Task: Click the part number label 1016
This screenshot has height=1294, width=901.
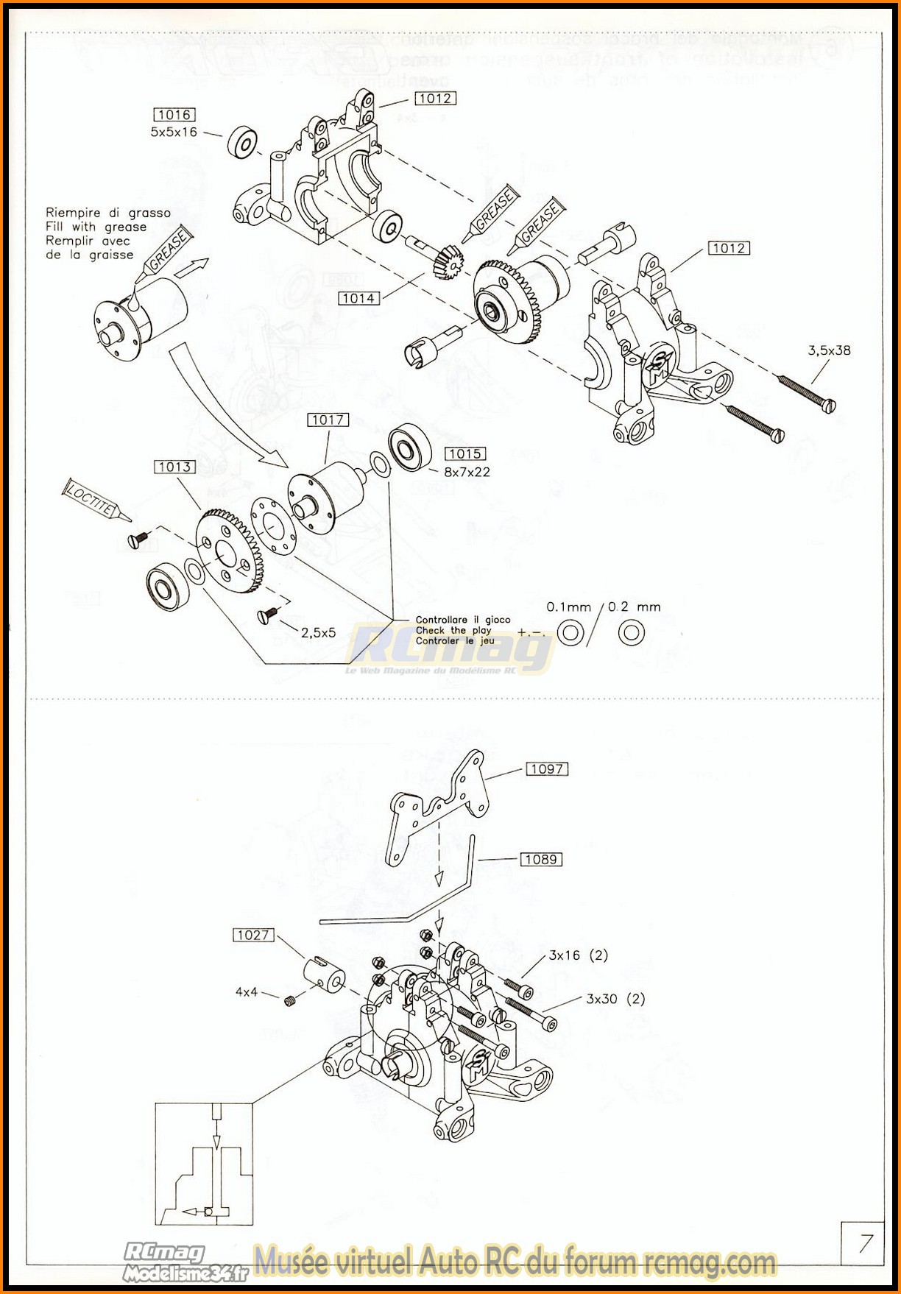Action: coord(174,115)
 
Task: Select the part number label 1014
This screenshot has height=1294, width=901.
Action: coord(358,298)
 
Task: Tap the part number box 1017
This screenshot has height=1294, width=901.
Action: coord(328,420)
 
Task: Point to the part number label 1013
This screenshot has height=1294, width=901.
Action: coord(174,467)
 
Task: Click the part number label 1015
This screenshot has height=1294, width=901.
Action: coord(465,454)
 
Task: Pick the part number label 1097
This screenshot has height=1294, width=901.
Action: coord(547,769)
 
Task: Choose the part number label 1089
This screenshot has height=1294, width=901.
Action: coord(541,859)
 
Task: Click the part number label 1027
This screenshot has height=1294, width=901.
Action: coord(253,935)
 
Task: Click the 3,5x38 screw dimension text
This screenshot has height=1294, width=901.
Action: coord(829,350)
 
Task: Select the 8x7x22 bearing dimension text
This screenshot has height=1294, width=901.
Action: coord(467,472)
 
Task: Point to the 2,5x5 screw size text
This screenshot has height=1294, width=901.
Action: coord(318,632)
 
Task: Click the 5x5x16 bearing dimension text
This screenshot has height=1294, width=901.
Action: coord(174,132)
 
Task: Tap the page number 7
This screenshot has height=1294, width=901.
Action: coord(865,1243)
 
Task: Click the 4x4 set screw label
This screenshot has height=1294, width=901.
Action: coord(247,992)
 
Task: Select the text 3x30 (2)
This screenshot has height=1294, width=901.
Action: coord(615,999)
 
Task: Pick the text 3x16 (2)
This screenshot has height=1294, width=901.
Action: coord(579,955)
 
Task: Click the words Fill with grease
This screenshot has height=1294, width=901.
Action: coord(96,227)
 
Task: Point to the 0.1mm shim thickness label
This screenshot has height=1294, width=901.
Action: coord(568,607)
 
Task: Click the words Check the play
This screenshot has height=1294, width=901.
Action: coord(453,630)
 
